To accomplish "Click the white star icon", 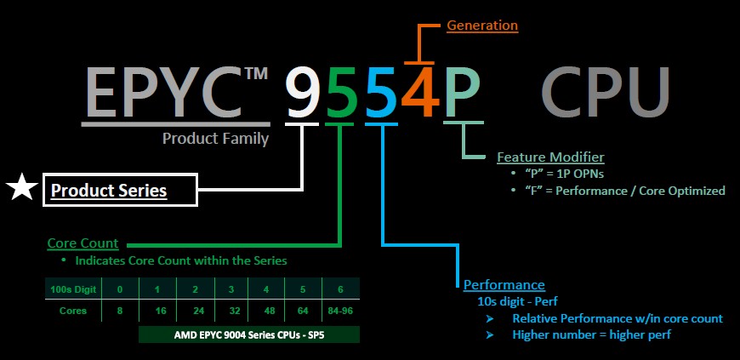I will point(20,189).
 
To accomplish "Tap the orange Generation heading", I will point(482,26).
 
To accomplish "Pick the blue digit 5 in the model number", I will point(380,93).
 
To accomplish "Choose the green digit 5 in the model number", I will point(340,93).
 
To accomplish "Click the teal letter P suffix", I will point(461,93).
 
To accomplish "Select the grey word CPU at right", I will point(606,91).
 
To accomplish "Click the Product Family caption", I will point(216,138).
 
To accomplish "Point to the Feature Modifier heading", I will point(550,157).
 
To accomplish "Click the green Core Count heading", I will point(83,244).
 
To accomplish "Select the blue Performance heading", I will point(504,284).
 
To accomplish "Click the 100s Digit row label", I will point(71,290).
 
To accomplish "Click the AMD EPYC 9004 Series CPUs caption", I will point(248,334).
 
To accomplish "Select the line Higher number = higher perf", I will point(592,334).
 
